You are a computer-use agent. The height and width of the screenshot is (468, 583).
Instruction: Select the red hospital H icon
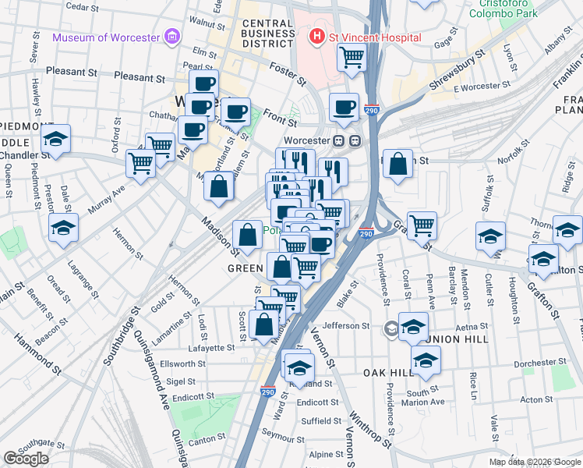316,37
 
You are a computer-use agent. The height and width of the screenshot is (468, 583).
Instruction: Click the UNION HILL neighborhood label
458,339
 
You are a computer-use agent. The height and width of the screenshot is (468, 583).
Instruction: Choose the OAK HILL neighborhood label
387,373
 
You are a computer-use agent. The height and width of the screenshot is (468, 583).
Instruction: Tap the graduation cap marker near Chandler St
56,139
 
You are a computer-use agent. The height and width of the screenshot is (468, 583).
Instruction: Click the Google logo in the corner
26,458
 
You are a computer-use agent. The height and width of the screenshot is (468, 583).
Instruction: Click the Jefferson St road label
345,326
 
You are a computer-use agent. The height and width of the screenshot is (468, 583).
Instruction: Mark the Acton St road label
536,399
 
